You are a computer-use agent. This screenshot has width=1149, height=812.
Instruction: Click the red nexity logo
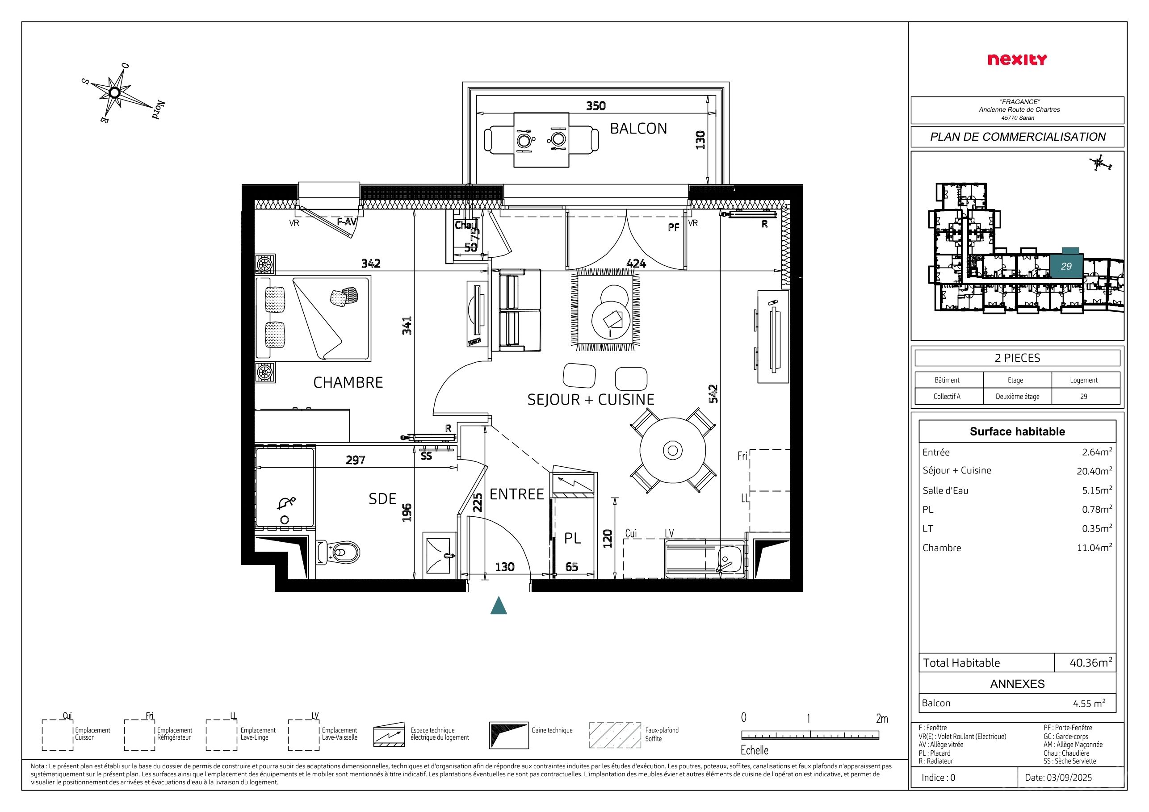coord(1017,60)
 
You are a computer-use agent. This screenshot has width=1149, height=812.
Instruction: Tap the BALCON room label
coord(638,129)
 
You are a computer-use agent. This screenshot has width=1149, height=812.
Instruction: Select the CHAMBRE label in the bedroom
coord(348,382)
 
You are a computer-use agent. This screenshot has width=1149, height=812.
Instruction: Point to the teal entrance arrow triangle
coord(499,605)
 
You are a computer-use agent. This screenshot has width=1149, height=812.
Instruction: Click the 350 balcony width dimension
coord(595,105)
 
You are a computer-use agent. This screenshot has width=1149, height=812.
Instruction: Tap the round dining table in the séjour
coord(673,450)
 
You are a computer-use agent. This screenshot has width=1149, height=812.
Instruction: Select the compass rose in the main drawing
coord(115,93)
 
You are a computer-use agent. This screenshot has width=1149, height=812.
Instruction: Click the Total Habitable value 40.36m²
coord(1091,662)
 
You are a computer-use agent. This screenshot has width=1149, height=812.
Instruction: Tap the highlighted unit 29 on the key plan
coord(1066,266)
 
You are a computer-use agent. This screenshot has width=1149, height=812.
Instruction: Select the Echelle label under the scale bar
coord(754,750)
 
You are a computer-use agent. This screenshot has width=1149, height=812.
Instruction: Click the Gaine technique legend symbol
coord(508,735)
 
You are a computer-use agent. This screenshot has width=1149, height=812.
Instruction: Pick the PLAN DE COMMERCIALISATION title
coord(1017,137)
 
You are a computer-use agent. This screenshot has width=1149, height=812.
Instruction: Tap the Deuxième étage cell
coord(1017,396)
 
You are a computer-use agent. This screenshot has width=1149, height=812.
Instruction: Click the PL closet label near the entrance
coord(573,538)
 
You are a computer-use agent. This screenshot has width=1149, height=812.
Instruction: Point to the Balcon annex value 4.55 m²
coord(1089,703)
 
